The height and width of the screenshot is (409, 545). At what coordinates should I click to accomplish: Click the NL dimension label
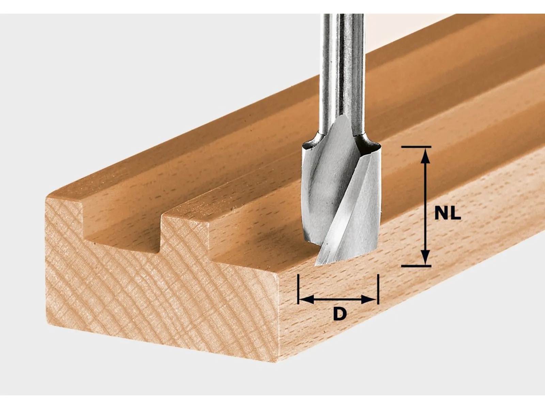point(448,213)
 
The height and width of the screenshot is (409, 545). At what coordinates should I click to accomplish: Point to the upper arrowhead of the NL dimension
point(425,156)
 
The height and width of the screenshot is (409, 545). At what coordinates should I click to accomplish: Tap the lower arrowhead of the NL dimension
point(425,257)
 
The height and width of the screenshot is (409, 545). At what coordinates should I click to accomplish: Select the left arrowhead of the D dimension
point(306,299)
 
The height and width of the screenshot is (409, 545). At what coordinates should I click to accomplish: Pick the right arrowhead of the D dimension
point(369,299)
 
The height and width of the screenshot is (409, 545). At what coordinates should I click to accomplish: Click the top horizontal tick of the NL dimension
point(416,147)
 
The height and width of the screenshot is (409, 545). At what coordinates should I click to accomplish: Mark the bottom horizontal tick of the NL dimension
point(416,266)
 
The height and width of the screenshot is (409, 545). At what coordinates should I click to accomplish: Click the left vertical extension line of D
point(298,289)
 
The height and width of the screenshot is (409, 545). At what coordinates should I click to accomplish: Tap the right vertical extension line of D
point(378,289)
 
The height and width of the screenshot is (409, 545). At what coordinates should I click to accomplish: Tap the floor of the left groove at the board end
point(122,238)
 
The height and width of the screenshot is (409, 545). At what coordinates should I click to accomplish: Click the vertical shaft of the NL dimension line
point(425,207)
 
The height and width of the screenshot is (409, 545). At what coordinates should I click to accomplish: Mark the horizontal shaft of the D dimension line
point(338,299)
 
